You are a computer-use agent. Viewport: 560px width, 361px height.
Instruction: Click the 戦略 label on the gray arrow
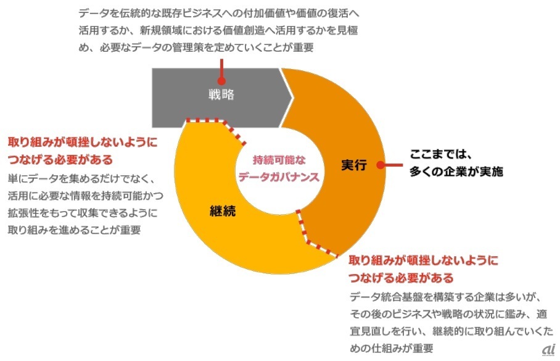(220, 96)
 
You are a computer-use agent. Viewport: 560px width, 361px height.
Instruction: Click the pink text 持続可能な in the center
(279, 160)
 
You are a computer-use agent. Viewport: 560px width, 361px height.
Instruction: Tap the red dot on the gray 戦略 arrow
(220, 80)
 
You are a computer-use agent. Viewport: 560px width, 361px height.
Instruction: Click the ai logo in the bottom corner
(548, 349)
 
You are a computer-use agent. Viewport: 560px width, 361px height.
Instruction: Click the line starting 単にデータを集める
(80, 178)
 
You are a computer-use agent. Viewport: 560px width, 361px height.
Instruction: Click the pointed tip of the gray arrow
(292, 95)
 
